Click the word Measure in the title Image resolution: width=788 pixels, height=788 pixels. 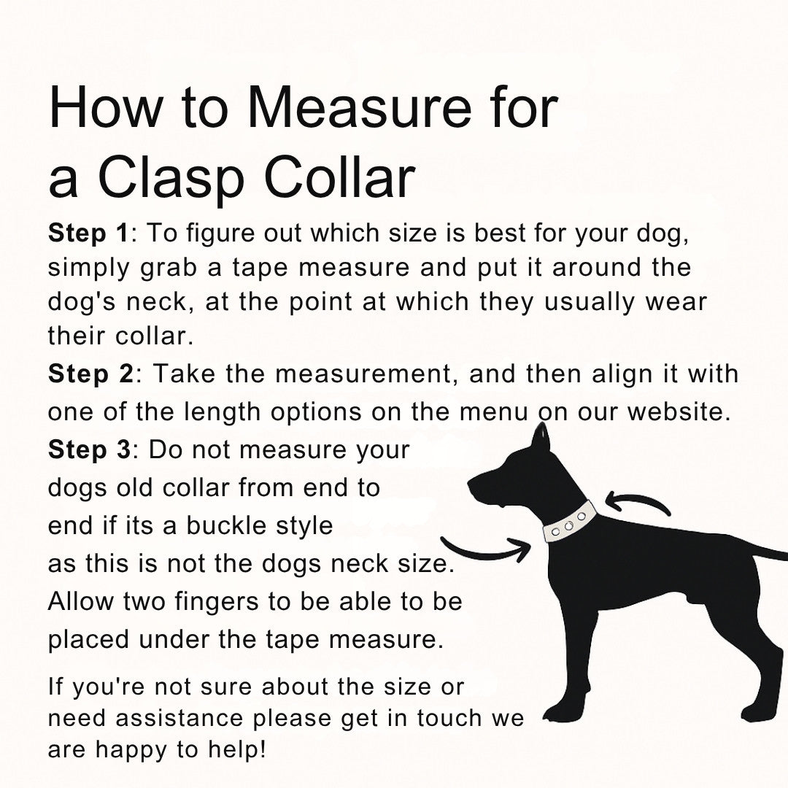click(359, 107)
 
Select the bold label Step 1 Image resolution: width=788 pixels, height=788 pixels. click(89, 233)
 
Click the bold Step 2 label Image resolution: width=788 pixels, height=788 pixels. click(91, 374)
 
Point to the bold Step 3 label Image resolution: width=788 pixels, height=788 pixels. click(90, 449)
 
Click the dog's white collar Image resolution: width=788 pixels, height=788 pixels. click(570, 522)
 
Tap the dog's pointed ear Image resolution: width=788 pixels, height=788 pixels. click(541, 439)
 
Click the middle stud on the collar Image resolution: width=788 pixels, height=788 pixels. click(569, 525)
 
